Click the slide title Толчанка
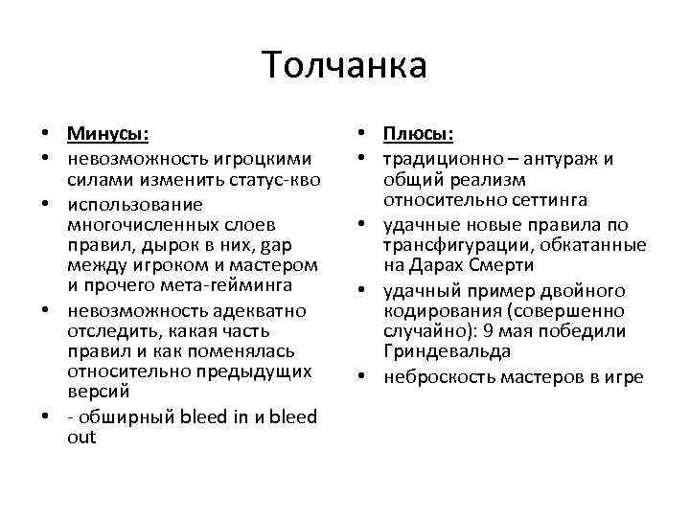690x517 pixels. (344, 66)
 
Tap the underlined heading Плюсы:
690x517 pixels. (419, 134)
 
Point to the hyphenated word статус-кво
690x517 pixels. (279, 180)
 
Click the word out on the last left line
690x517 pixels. (82, 438)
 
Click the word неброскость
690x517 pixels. (436, 377)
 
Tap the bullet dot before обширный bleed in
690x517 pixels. (47, 417)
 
